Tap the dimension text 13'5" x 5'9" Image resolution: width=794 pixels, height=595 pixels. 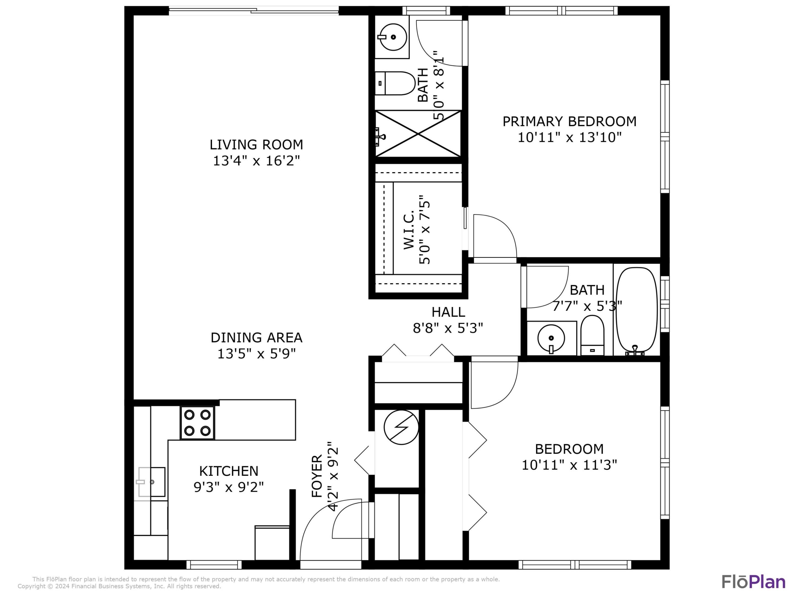click(256, 354)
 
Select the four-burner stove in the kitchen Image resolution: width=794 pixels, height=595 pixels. click(197, 423)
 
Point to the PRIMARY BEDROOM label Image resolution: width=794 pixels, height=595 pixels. click(569, 121)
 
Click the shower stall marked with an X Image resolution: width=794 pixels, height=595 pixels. click(418, 134)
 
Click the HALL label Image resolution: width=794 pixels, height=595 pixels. click(448, 312)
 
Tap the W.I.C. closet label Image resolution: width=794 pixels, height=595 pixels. click(409, 229)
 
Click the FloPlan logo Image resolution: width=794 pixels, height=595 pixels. click(753, 582)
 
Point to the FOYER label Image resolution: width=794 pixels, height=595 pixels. click(316, 476)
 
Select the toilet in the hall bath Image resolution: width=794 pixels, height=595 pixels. click(592, 335)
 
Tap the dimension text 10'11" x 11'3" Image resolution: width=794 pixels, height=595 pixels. click(569, 465)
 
